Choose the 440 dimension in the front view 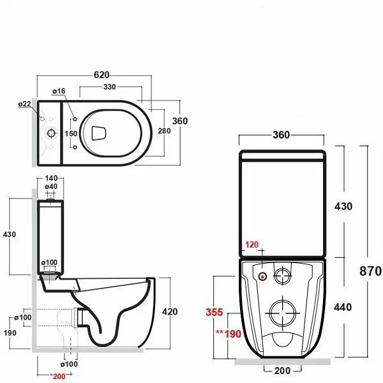[343, 307]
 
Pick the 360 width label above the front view [282, 135]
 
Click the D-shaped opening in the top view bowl [98, 132]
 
